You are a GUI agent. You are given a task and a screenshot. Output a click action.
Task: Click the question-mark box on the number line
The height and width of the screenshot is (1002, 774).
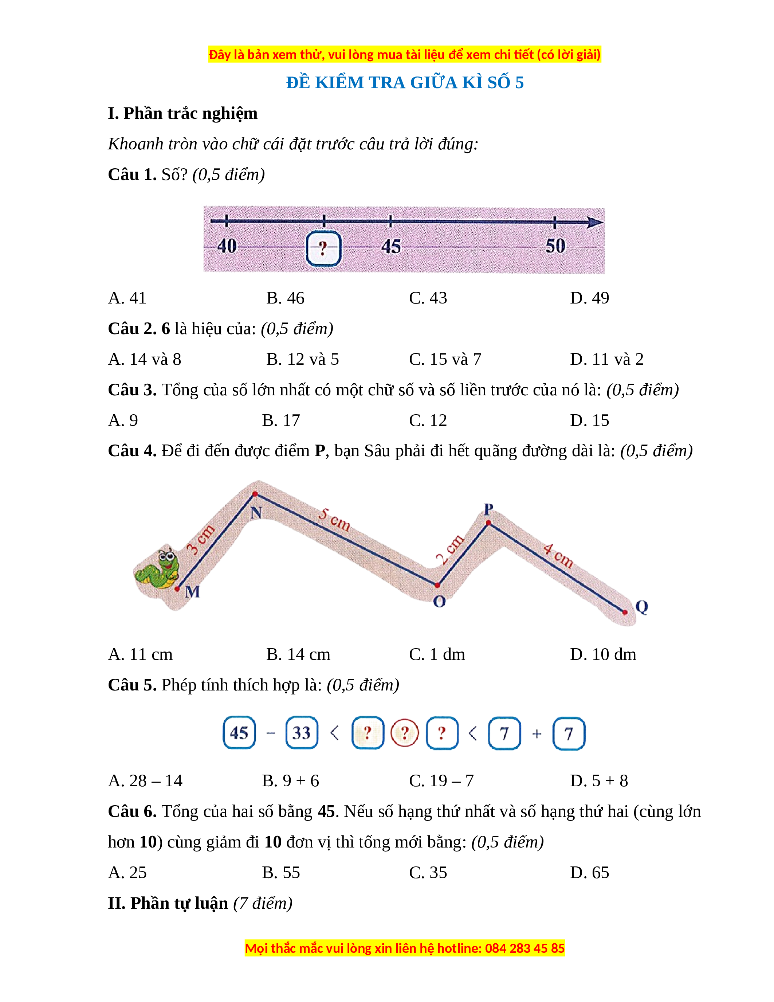(323, 248)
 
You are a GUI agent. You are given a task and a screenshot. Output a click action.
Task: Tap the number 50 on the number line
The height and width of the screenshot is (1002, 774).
(555, 246)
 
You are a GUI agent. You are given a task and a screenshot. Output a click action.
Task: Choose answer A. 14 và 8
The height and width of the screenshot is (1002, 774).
(145, 359)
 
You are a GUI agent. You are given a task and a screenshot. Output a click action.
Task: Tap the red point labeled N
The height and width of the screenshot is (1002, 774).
(255, 494)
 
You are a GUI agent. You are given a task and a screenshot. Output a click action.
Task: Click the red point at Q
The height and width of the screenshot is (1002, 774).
(625, 612)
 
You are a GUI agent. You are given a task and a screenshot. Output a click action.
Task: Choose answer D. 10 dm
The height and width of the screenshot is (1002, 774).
(602, 654)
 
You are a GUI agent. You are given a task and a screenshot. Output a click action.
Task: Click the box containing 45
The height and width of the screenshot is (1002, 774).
(239, 733)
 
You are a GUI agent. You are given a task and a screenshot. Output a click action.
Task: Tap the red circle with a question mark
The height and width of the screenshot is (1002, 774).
(404, 733)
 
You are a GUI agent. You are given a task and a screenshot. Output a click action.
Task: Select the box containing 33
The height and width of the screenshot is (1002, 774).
(302, 733)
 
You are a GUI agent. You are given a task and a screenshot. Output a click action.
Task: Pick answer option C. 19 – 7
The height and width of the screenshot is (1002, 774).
(441, 781)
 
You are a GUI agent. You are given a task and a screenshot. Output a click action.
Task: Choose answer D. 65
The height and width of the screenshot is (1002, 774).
(589, 873)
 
